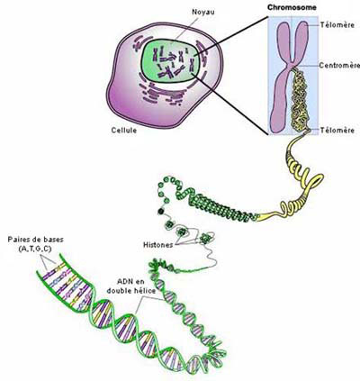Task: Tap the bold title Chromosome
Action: click(x=292, y=7)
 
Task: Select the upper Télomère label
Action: click(x=337, y=25)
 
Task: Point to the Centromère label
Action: click(x=339, y=65)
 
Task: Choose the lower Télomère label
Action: click(x=337, y=131)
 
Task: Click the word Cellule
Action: click(x=124, y=131)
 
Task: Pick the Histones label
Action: click(x=158, y=245)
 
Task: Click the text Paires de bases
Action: click(x=36, y=240)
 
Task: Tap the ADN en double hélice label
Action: click(x=131, y=286)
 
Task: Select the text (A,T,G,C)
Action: click(x=35, y=249)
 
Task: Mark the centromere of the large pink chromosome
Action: click(x=292, y=65)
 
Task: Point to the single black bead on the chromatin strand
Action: click(x=161, y=212)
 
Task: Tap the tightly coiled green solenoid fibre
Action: click(x=222, y=208)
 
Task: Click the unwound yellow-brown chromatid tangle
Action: click(x=301, y=99)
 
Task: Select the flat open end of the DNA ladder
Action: click(x=48, y=264)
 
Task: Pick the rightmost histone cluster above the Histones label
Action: click(x=206, y=239)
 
